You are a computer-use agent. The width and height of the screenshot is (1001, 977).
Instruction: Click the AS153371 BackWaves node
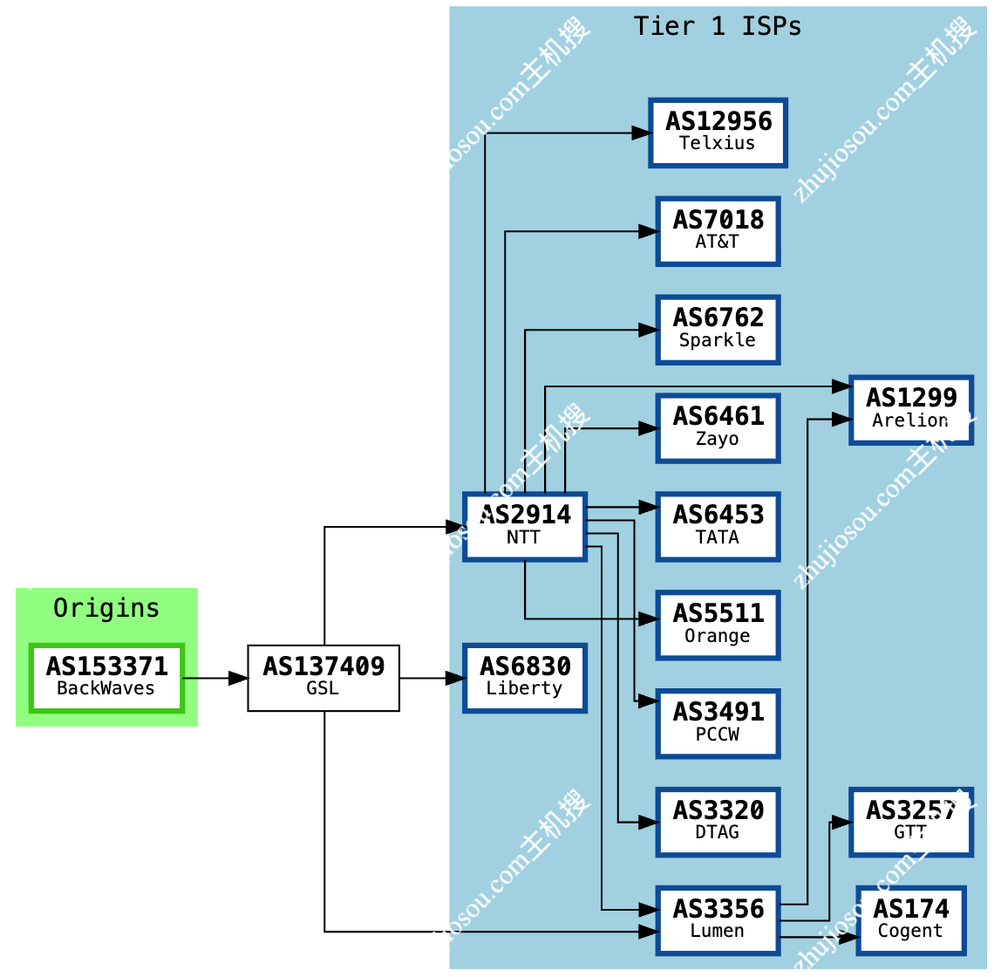pos(106,678)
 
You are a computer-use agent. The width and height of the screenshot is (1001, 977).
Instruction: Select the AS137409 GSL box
pos(323,678)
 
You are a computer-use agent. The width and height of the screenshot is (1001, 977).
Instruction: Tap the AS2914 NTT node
pos(525,526)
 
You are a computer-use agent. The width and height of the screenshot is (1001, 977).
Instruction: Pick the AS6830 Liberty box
pos(525,678)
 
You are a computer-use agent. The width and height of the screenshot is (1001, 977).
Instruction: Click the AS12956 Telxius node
pos(718,133)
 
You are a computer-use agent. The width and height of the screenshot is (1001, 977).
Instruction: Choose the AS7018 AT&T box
pos(718,231)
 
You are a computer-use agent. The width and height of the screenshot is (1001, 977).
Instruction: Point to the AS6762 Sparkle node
pos(718,330)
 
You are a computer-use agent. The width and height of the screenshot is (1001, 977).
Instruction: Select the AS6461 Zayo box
pos(718,428)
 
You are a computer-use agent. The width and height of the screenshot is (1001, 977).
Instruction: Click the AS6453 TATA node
pos(718,526)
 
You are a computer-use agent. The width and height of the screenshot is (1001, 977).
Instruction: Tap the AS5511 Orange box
pos(718,625)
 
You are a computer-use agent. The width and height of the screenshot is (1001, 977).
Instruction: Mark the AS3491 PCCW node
pos(718,723)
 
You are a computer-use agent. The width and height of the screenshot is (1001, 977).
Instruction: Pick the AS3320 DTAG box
pos(718,822)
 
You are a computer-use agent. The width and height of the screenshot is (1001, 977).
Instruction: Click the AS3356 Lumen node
pos(718,920)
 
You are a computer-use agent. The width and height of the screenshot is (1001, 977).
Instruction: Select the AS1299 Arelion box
pos(911,410)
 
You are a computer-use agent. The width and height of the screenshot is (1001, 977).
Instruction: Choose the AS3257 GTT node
pos(911,822)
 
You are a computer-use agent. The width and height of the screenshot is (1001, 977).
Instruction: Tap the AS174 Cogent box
pos(911,920)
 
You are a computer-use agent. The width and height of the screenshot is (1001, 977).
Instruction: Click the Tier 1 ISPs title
pos(718,26)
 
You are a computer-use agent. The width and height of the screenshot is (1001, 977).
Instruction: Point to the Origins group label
pos(106,608)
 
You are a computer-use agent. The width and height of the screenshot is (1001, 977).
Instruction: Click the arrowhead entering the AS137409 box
pos(238,678)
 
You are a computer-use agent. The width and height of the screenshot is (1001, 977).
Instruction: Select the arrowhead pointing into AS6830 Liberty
pos(455,678)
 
